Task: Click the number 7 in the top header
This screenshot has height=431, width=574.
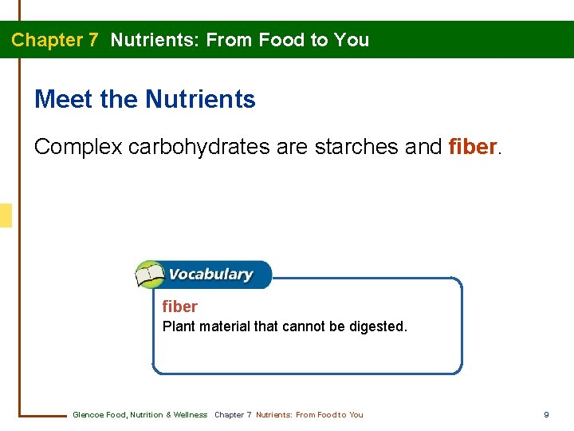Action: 92,40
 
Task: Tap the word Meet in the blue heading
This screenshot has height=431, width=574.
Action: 64,100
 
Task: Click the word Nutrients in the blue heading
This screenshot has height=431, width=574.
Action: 200,100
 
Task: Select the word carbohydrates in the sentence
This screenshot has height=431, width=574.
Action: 199,147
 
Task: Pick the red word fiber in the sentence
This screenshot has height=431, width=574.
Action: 473,147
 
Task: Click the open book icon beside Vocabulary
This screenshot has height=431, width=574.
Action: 150,275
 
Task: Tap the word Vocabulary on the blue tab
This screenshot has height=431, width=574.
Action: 210,275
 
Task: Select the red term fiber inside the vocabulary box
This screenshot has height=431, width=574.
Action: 179,306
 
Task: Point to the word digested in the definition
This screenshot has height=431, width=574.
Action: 378,326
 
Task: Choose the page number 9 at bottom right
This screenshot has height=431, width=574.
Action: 546,414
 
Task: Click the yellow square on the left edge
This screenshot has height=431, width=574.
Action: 6,215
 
